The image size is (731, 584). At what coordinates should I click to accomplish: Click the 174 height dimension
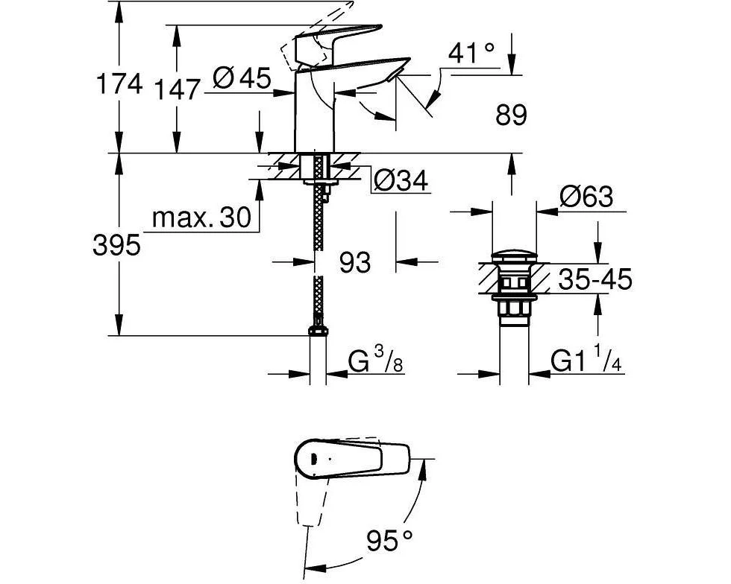(119, 85)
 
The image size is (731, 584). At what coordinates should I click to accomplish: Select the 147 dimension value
(177, 89)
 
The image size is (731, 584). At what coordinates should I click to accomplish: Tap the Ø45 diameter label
(242, 77)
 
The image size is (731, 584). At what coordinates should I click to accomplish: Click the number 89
(512, 115)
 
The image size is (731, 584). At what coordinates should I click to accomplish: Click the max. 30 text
(201, 217)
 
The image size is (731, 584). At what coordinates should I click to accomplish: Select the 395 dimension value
(116, 245)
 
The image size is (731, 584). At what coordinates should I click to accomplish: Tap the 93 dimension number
(355, 262)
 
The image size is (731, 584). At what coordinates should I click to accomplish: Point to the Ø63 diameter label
(586, 197)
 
